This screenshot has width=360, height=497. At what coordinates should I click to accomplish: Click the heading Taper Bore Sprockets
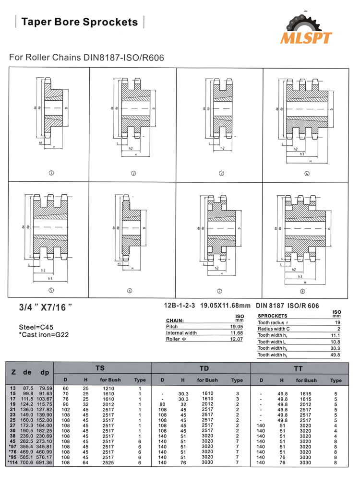click(80, 22)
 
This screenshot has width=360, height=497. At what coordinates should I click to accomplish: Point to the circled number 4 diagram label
click(307, 173)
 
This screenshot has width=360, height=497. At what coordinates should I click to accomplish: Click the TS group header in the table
click(100, 368)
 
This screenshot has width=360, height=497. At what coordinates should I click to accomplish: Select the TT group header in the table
click(299, 368)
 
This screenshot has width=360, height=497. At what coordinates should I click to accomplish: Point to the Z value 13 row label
click(12, 388)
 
